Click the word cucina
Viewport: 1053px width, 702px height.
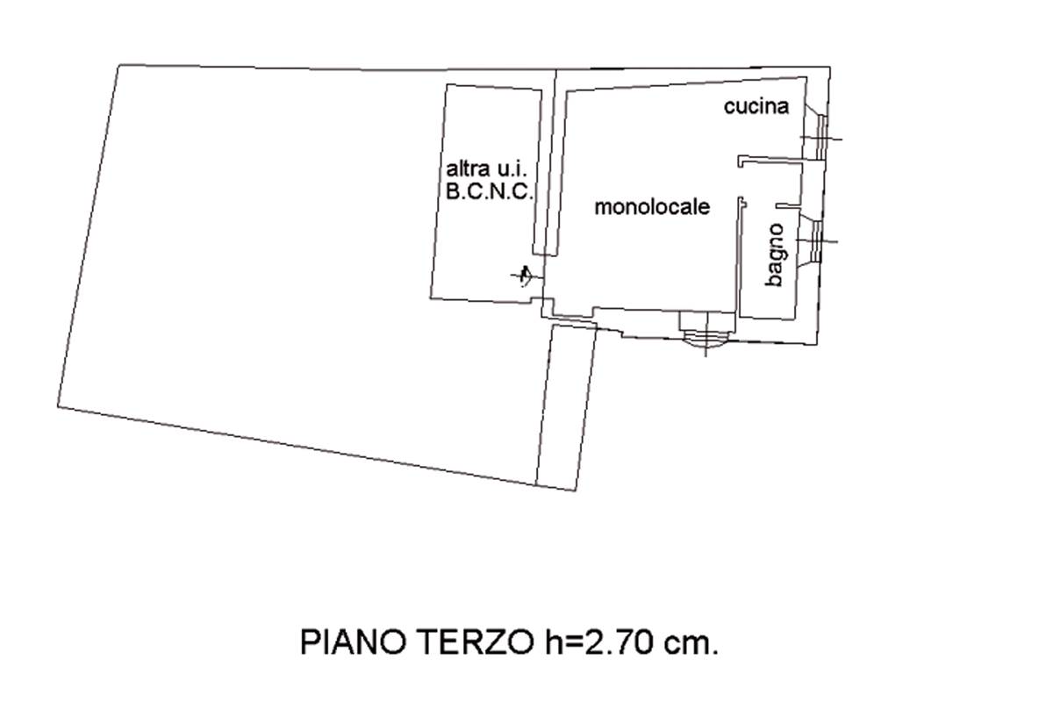point(756,107)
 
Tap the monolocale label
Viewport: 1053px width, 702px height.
point(651,208)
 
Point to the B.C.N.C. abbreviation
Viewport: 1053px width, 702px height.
point(489,193)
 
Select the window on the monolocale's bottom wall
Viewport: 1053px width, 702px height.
point(706,330)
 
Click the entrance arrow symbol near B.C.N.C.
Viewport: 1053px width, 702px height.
point(525,276)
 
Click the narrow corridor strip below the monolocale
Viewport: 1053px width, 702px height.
point(566,404)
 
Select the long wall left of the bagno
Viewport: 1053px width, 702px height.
point(740,259)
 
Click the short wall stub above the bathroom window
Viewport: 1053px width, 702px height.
point(787,206)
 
